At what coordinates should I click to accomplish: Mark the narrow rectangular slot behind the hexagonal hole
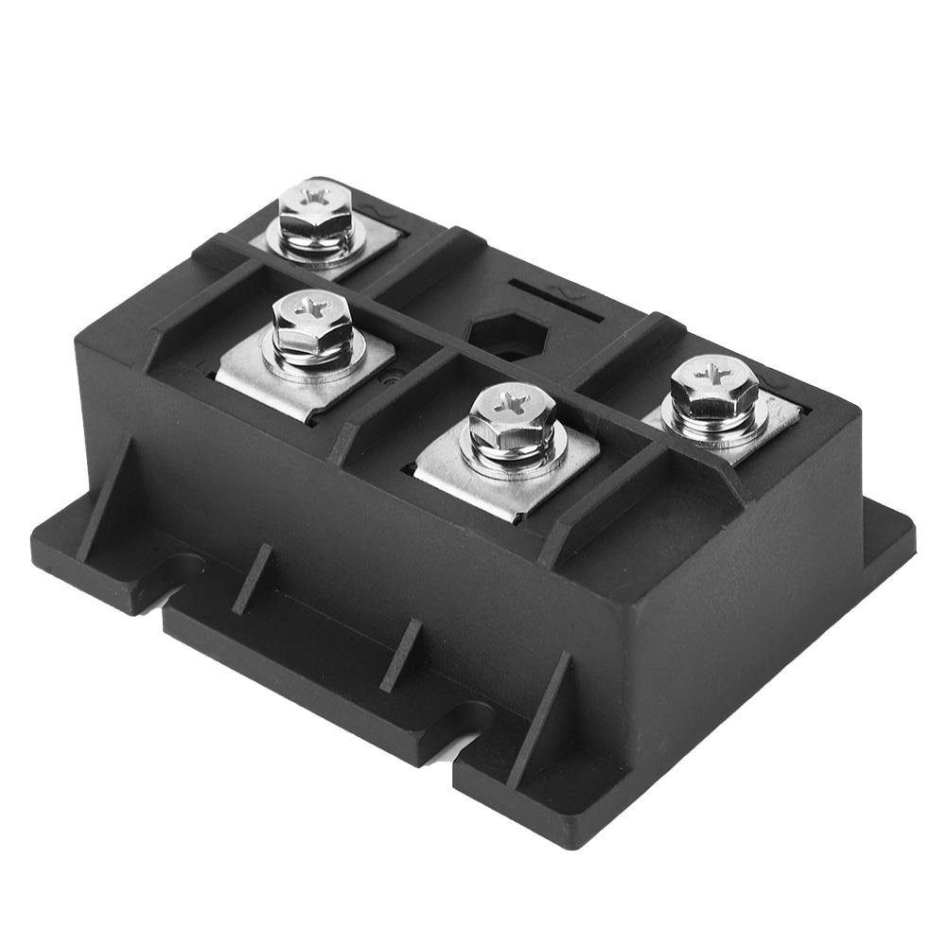click(553, 289)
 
